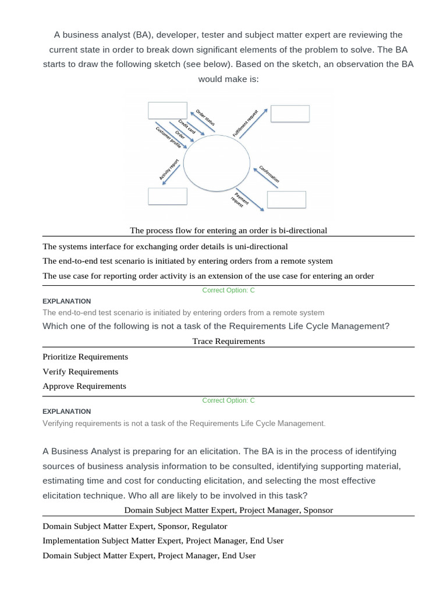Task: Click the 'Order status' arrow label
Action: (x=205, y=117)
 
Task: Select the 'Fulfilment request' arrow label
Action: (x=245, y=123)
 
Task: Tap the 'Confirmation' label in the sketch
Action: (x=269, y=172)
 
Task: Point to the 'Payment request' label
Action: (x=240, y=199)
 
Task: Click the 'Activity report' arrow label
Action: (x=168, y=168)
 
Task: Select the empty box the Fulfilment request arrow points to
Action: (x=289, y=113)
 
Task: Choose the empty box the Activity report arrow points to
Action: (x=167, y=196)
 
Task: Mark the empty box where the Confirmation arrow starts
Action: (x=286, y=199)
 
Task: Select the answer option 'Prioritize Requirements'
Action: (x=86, y=357)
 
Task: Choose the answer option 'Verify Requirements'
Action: (x=80, y=371)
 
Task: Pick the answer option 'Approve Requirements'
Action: (x=84, y=386)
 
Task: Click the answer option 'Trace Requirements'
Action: (x=228, y=341)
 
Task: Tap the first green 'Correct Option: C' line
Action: (x=228, y=290)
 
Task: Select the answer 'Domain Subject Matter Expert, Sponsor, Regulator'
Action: (x=135, y=526)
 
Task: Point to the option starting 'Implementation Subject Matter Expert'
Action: (x=163, y=541)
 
